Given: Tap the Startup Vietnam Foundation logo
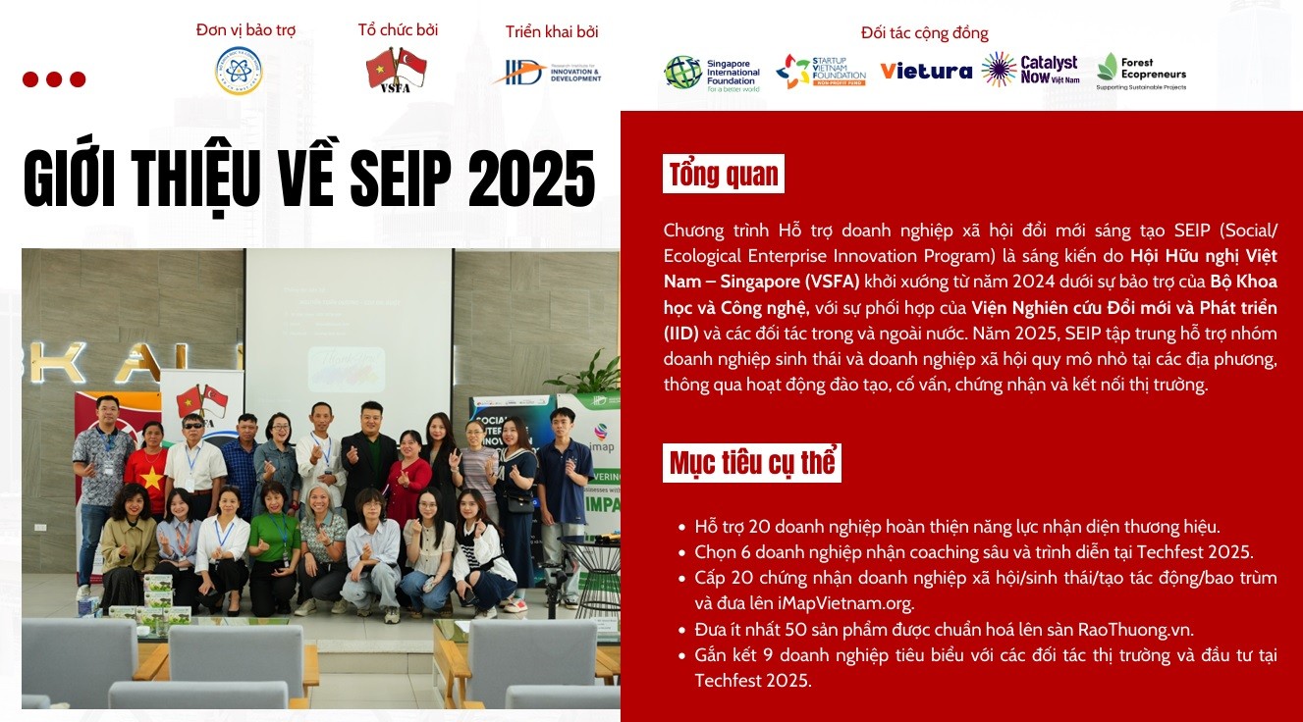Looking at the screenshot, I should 821,72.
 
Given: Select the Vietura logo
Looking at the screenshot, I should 925,71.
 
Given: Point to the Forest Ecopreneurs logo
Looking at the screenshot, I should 1141,72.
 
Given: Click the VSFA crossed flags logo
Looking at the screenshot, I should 397,71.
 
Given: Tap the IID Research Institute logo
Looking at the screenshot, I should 547,73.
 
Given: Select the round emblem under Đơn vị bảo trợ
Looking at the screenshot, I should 239,71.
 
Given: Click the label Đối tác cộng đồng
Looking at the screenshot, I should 924,33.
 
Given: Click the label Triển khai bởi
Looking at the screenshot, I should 552,31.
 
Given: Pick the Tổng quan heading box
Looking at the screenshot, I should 724,175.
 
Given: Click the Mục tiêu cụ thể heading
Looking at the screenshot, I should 752,462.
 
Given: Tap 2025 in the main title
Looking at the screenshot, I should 531,179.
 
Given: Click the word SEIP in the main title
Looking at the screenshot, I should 401,179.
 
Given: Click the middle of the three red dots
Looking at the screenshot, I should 54,79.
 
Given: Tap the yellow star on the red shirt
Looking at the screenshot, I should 151,478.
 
